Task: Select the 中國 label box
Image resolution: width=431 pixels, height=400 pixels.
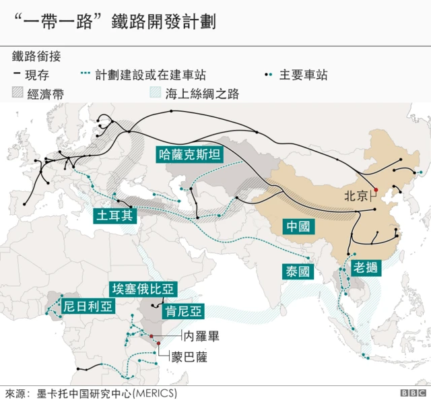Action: click(x=297, y=226)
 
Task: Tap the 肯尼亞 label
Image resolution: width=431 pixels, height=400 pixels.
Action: click(x=181, y=312)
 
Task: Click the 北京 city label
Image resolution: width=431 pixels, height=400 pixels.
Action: click(x=356, y=197)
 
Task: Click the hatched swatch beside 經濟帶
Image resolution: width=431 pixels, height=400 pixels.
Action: click(x=18, y=94)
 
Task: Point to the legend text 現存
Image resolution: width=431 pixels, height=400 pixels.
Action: click(x=40, y=75)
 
